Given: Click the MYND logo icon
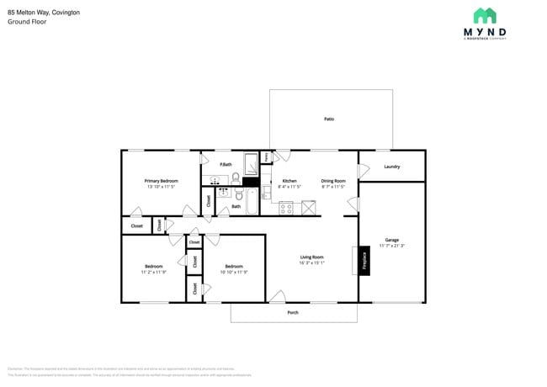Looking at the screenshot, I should tap(484, 16).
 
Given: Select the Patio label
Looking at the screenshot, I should tap(329, 119).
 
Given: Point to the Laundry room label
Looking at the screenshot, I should tap(391, 167).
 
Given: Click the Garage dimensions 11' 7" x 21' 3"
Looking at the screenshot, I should tap(391, 246).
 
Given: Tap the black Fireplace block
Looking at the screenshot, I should tap(364, 260).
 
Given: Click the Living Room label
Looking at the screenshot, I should tap(312, 257).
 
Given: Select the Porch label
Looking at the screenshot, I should tap(293, 312).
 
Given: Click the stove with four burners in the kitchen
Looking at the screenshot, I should tap(286, 207).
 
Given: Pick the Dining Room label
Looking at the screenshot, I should tap(333, 181).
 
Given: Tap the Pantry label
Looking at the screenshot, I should tap(266, 156).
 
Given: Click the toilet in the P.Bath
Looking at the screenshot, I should tap(236, 178).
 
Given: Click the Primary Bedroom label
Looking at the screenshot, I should tap(161, 181).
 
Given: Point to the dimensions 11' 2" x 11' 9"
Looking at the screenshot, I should tap(153, 272).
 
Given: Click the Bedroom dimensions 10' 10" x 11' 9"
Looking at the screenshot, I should tap(234, 272).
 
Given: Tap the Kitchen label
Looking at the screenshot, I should tap(289, 181).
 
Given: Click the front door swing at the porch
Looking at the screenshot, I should tap(278, 296).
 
